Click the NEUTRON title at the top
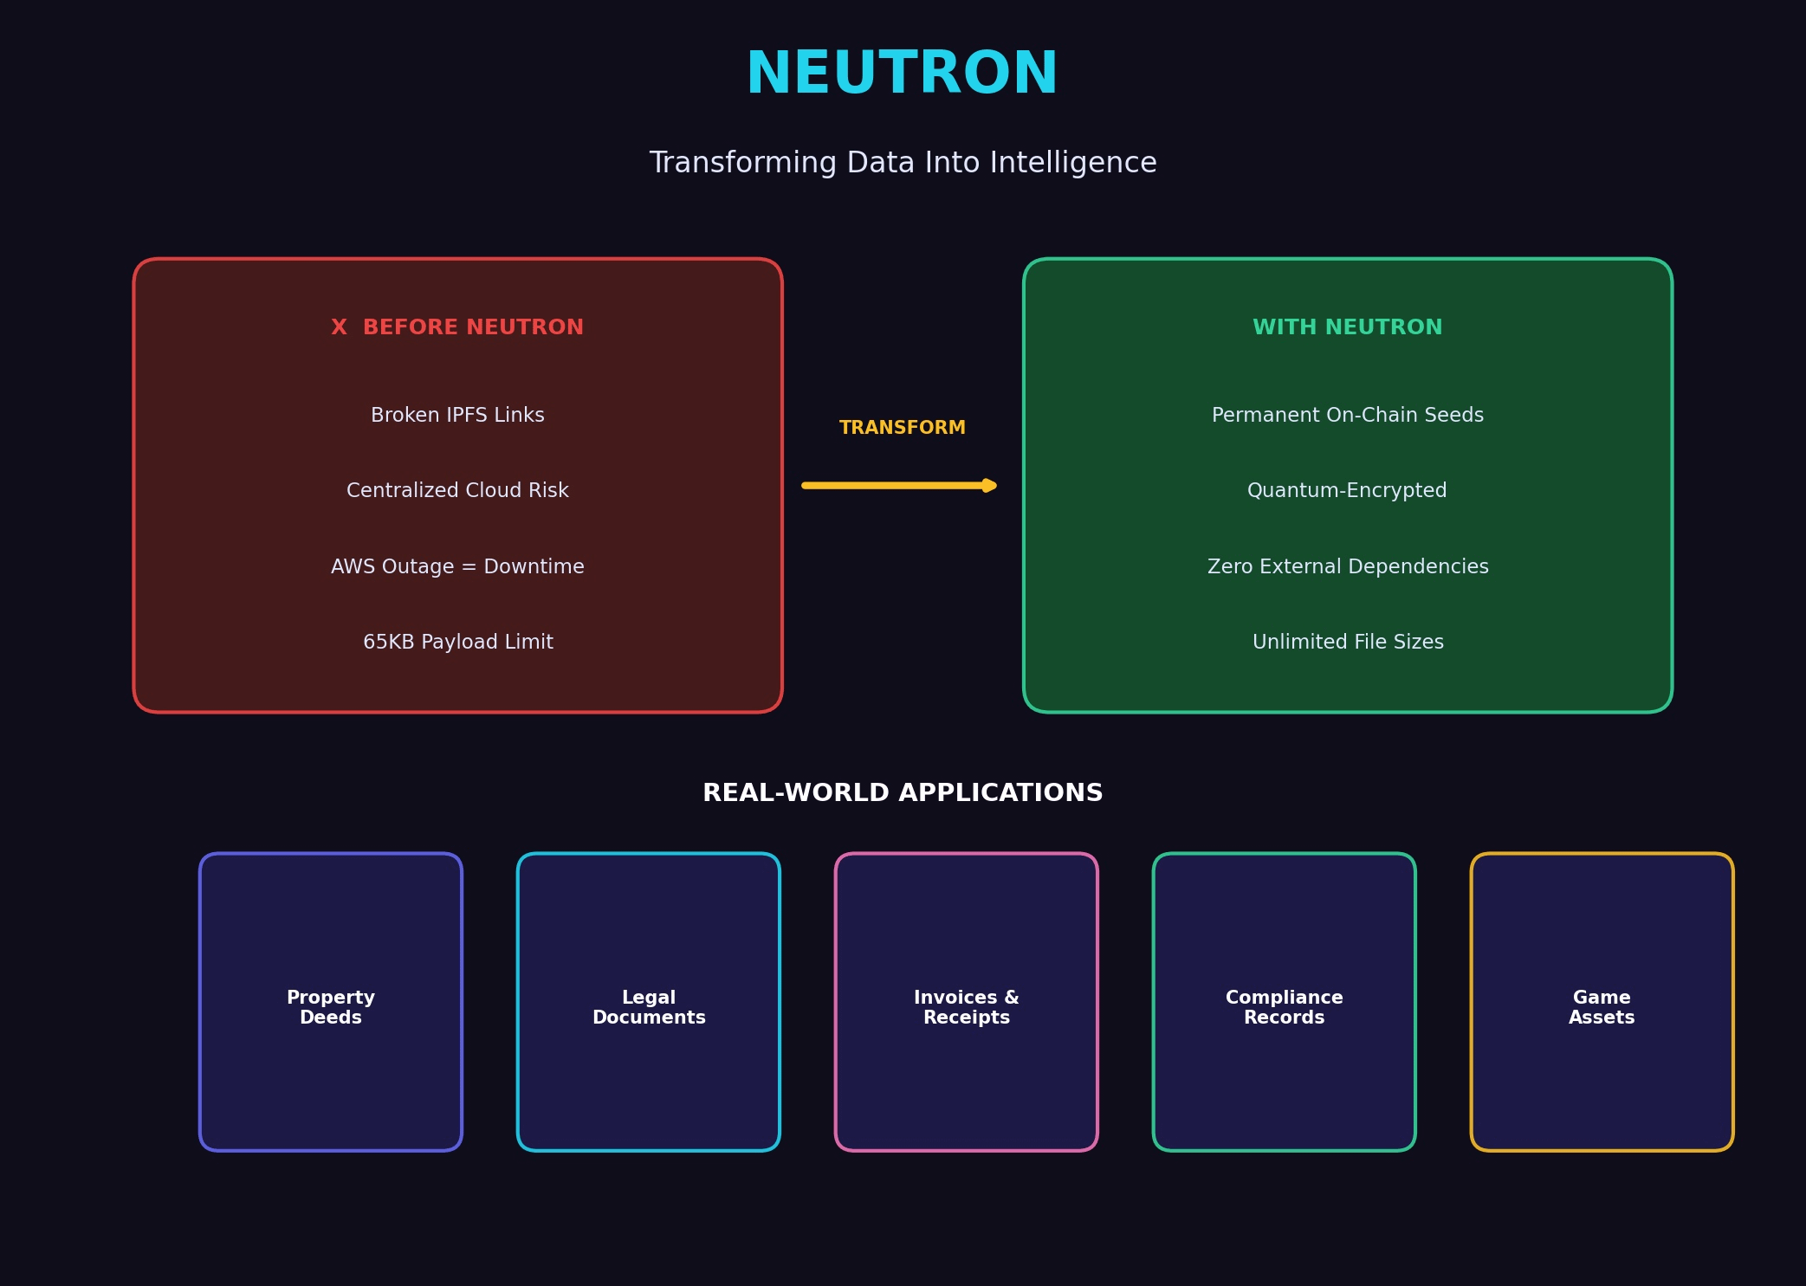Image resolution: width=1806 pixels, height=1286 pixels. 902,74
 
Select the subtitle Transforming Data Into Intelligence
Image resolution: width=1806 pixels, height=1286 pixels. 903,163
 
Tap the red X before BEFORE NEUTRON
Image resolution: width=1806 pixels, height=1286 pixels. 339,327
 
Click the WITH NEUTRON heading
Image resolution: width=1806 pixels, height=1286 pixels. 1347,327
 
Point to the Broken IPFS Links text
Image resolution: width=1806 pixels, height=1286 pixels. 457,415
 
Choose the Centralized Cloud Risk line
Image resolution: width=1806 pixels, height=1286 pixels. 457,490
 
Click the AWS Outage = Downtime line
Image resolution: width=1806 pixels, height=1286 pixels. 457,566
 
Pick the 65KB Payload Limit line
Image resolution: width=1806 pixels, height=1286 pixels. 457,642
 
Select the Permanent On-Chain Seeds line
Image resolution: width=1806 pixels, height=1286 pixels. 1347,415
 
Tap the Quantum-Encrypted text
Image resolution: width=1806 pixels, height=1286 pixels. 1347,490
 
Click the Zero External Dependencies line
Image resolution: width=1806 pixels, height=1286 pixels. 1347,566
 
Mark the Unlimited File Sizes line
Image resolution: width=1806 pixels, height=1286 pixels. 1347,642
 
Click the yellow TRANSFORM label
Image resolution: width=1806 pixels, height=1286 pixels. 902,428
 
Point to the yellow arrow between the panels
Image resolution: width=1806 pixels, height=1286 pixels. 899,486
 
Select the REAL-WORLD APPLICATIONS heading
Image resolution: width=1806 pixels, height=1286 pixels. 903,792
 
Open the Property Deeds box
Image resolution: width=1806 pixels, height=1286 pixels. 331,1002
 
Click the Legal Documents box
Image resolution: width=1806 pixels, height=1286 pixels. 649,1002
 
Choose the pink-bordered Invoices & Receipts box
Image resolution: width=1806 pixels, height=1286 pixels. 967,1002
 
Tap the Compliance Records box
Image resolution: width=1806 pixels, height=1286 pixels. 1285,1002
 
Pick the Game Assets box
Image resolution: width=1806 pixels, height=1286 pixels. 1602,1002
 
